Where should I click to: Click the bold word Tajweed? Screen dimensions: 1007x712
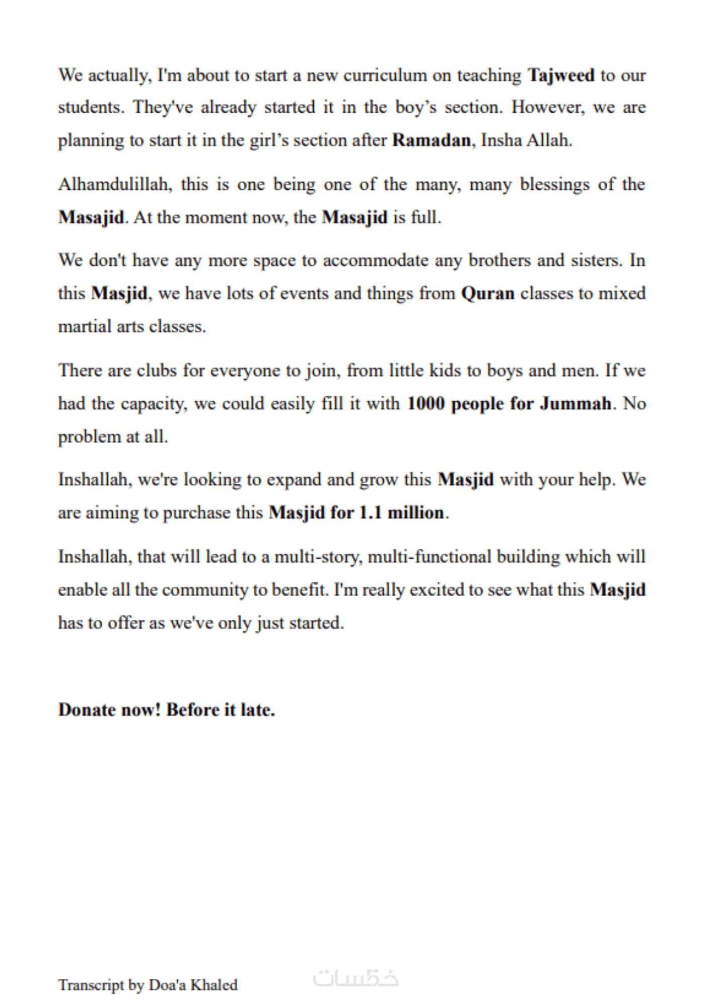click(x=560, y=76)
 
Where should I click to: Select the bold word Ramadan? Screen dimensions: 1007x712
click(x=432, y=140)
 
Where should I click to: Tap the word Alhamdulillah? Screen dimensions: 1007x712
click(x=115, y=184)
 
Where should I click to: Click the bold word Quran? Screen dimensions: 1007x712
click(x=487, y=294)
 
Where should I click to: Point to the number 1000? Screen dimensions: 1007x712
click(x=426, y=404)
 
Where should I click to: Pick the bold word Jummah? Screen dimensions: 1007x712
click(x=576, y=404)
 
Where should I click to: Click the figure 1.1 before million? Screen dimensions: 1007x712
click(x=370, y=513)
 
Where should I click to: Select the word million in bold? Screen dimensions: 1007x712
click(x=416, y=513)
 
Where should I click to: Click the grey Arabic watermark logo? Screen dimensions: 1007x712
click(x=355, y=978)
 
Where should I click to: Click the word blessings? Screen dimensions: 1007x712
click(x=554, y=185)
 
